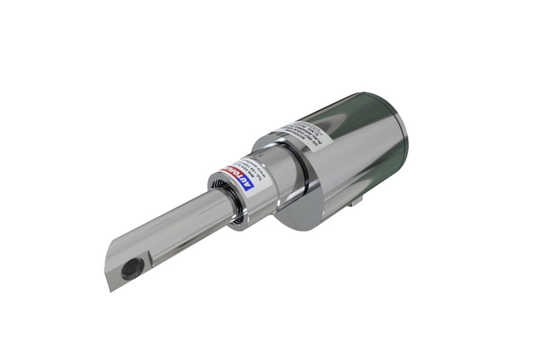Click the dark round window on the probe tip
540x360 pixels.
click(x=132, y=269)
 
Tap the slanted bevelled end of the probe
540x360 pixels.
click(x=112, y=269)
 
